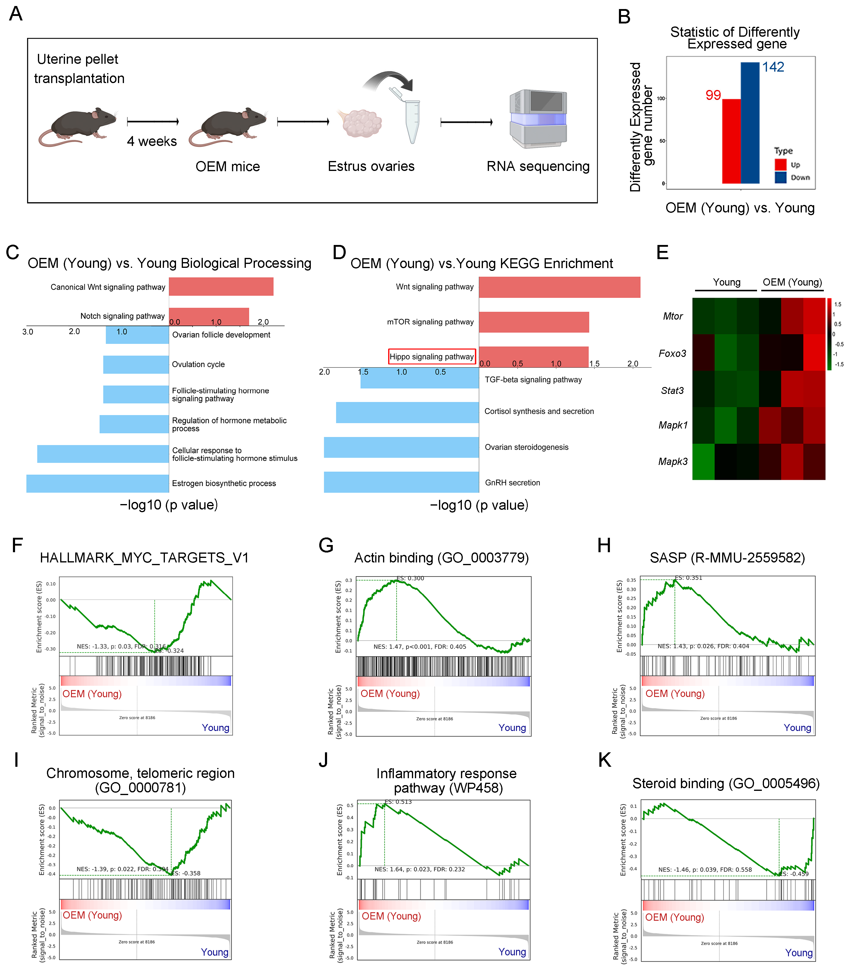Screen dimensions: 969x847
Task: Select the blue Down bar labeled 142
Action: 750,123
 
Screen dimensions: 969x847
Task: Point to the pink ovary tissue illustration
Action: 362,123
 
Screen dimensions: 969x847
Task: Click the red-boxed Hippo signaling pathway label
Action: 431,356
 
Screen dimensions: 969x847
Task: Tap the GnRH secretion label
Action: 512,483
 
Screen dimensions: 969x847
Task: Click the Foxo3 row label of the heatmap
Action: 672,354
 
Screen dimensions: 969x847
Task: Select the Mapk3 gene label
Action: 672,461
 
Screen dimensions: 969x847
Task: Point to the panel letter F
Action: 17,545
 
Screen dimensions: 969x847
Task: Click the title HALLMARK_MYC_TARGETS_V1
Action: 144,558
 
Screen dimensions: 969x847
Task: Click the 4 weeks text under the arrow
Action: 152,141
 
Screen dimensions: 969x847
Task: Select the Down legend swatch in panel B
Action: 781,177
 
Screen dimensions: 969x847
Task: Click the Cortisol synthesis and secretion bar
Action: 407,412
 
